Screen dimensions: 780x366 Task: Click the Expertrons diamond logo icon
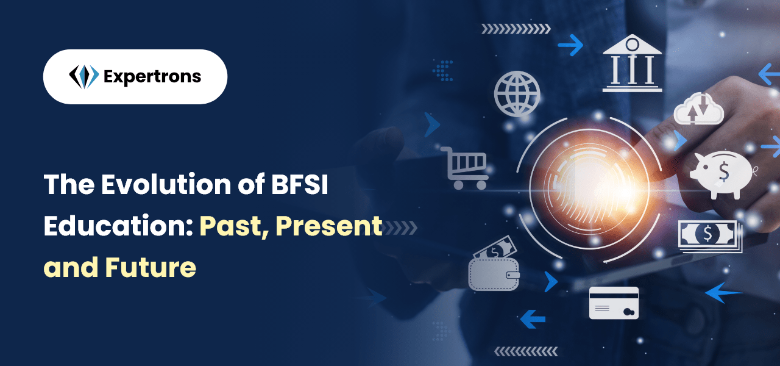pos(84,76)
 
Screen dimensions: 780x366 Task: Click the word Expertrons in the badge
pos(152,77)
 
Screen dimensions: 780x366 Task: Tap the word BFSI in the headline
pos(299,184)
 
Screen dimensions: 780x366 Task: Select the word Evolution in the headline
pos(166,184)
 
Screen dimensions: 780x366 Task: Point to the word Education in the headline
pos(118,226)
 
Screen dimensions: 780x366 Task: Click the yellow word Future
pos(151,267)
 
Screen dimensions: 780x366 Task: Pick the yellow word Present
pos(329,226)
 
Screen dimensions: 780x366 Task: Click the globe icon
pos(517,94)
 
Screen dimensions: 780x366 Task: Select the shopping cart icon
pos(465,168)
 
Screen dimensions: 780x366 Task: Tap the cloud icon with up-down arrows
pos(699,109)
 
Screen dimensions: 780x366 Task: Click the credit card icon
pos(614,303)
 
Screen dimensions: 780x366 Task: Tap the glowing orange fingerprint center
pos(589,189)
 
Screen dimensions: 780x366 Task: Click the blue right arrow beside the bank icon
pos(570,45)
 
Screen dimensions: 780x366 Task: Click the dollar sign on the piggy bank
pos(724,172)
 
